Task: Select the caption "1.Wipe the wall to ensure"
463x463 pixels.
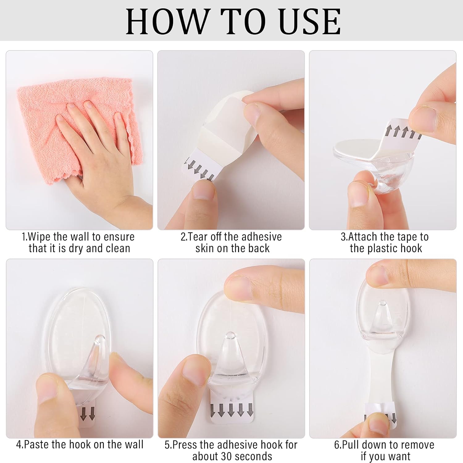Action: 78,237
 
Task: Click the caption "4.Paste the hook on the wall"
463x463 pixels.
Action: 80,444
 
